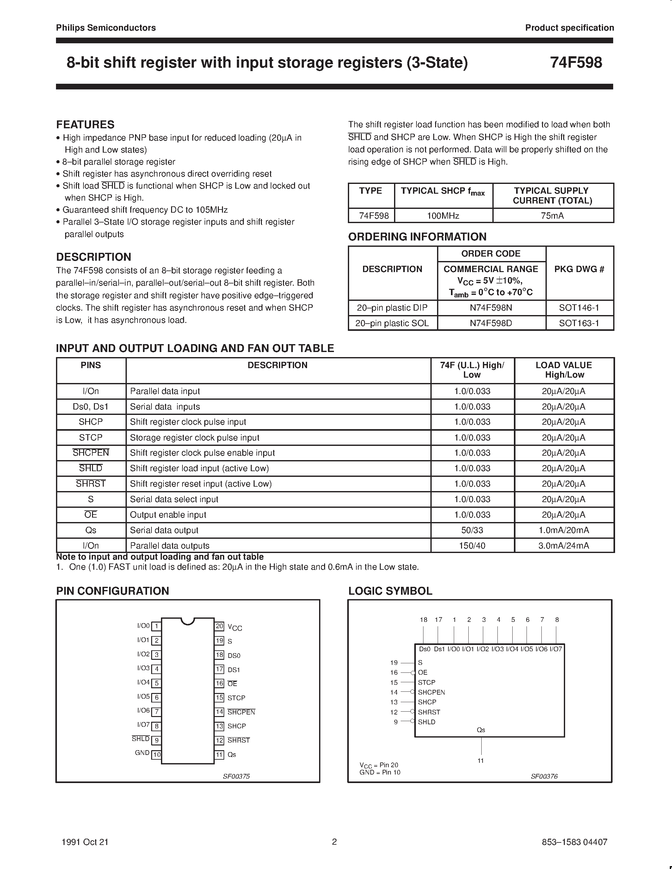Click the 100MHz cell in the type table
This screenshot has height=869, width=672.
443,216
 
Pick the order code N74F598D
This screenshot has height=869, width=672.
490,323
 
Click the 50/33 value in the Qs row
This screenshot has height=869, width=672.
472,530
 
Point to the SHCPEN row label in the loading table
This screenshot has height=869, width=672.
91,453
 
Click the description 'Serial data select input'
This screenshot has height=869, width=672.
174,499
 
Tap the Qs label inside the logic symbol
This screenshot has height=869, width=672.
481,730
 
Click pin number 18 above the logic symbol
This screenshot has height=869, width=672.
423,620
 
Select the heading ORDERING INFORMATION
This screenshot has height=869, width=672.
417,237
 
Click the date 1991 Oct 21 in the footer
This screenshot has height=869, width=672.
85,842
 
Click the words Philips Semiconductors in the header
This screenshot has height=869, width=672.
106,28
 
